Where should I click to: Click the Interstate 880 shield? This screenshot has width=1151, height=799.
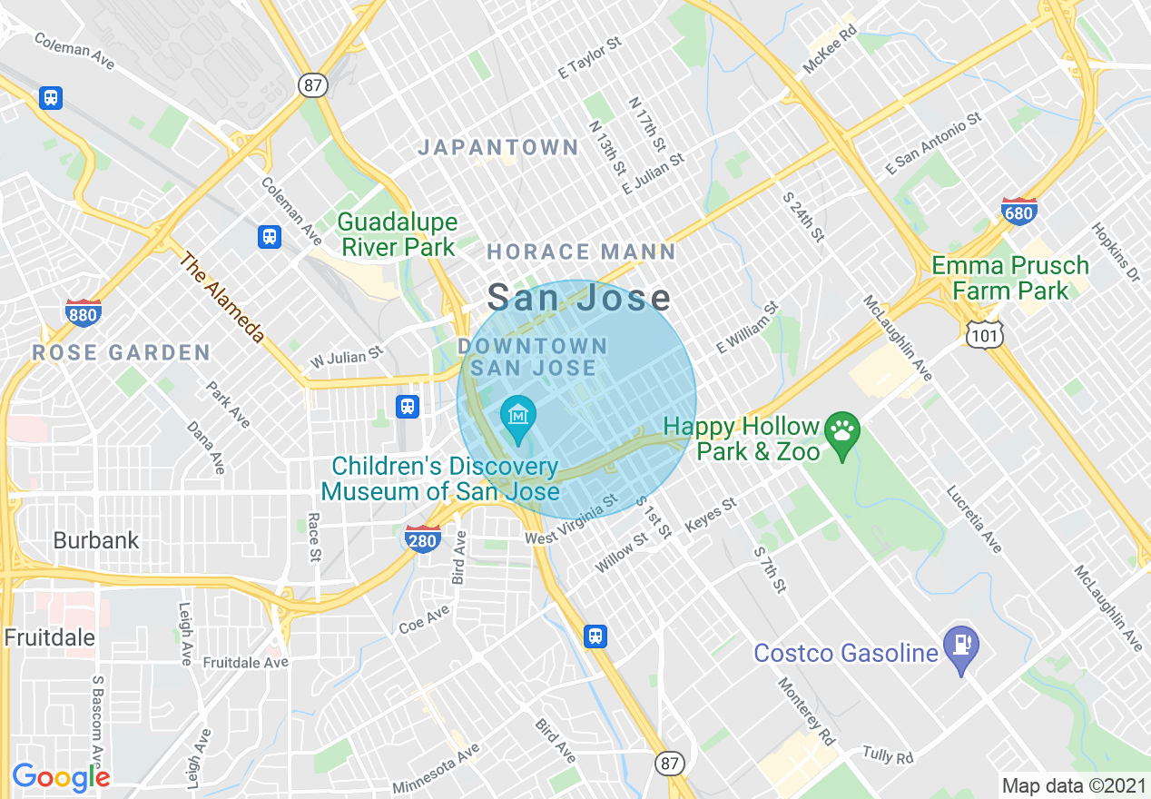pos(83,312)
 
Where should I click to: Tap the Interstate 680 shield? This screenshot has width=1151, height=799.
pos(1019,211)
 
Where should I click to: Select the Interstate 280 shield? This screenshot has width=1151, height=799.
pos(423,538)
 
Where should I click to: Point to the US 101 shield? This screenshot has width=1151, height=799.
pos(983,332)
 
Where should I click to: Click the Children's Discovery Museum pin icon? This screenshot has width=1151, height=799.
pos(518,419)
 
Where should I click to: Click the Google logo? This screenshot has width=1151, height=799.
pos(60,776)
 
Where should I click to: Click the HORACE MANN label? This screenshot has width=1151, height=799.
pos(581,252)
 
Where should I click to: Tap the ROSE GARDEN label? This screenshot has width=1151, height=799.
pos(122,352)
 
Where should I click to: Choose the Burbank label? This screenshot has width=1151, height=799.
pos(96,540)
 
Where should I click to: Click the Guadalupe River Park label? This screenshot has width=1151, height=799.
pos(398,233)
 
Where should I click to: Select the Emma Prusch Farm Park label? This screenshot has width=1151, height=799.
pos(1010,278)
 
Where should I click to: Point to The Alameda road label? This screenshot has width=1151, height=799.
pos(221,298)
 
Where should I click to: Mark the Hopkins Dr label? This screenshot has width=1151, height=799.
pos(1115,252)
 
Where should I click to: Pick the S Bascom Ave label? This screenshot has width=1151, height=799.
pos(97,717)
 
